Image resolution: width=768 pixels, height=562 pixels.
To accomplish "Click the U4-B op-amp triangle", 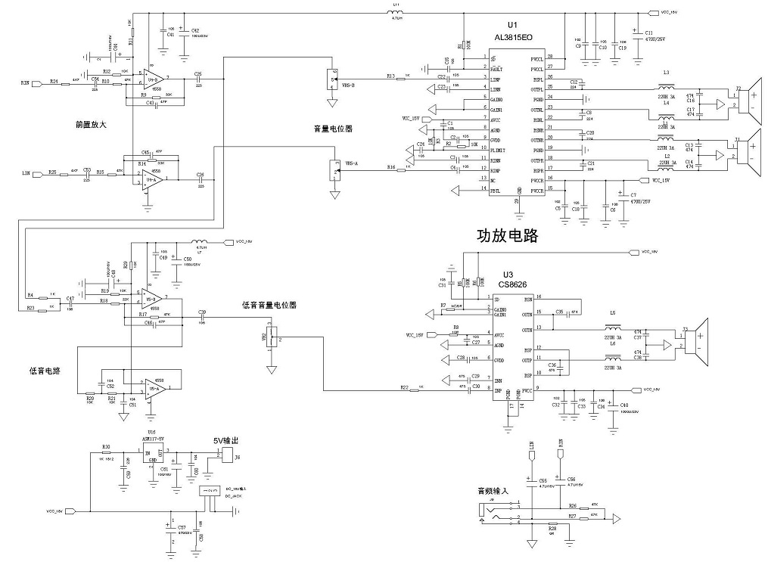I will (x=154, y=78).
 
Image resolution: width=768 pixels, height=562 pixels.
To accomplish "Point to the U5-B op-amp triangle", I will (x=152, y=297).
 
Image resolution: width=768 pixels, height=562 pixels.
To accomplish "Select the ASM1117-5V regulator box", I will (x=154, y=453).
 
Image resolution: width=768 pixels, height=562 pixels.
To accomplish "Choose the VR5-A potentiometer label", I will (x=352, y=163).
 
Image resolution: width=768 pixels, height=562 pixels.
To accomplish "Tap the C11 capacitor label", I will (x=649, y=33).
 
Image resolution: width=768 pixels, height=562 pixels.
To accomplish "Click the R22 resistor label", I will (x=404, y=387).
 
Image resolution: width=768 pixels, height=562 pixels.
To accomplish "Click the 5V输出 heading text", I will (x=227, y=439).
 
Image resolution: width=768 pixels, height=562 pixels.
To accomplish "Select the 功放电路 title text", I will (x=506, y=235).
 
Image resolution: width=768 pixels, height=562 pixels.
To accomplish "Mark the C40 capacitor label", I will (x=625, y=406).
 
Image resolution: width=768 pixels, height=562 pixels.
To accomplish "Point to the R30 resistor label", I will (x=107, y=446).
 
